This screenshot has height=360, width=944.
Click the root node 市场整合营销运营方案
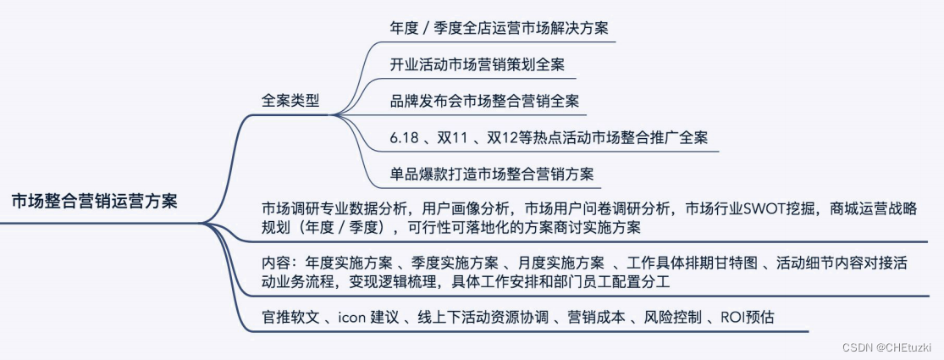pos(95,202)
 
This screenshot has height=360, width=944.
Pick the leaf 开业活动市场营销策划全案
pos(478,64)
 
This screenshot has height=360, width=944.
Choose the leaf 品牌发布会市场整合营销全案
pos(484,101)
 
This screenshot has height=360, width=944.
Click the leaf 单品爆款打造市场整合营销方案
pos(491,174)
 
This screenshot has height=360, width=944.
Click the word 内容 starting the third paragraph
pos(276,262)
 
